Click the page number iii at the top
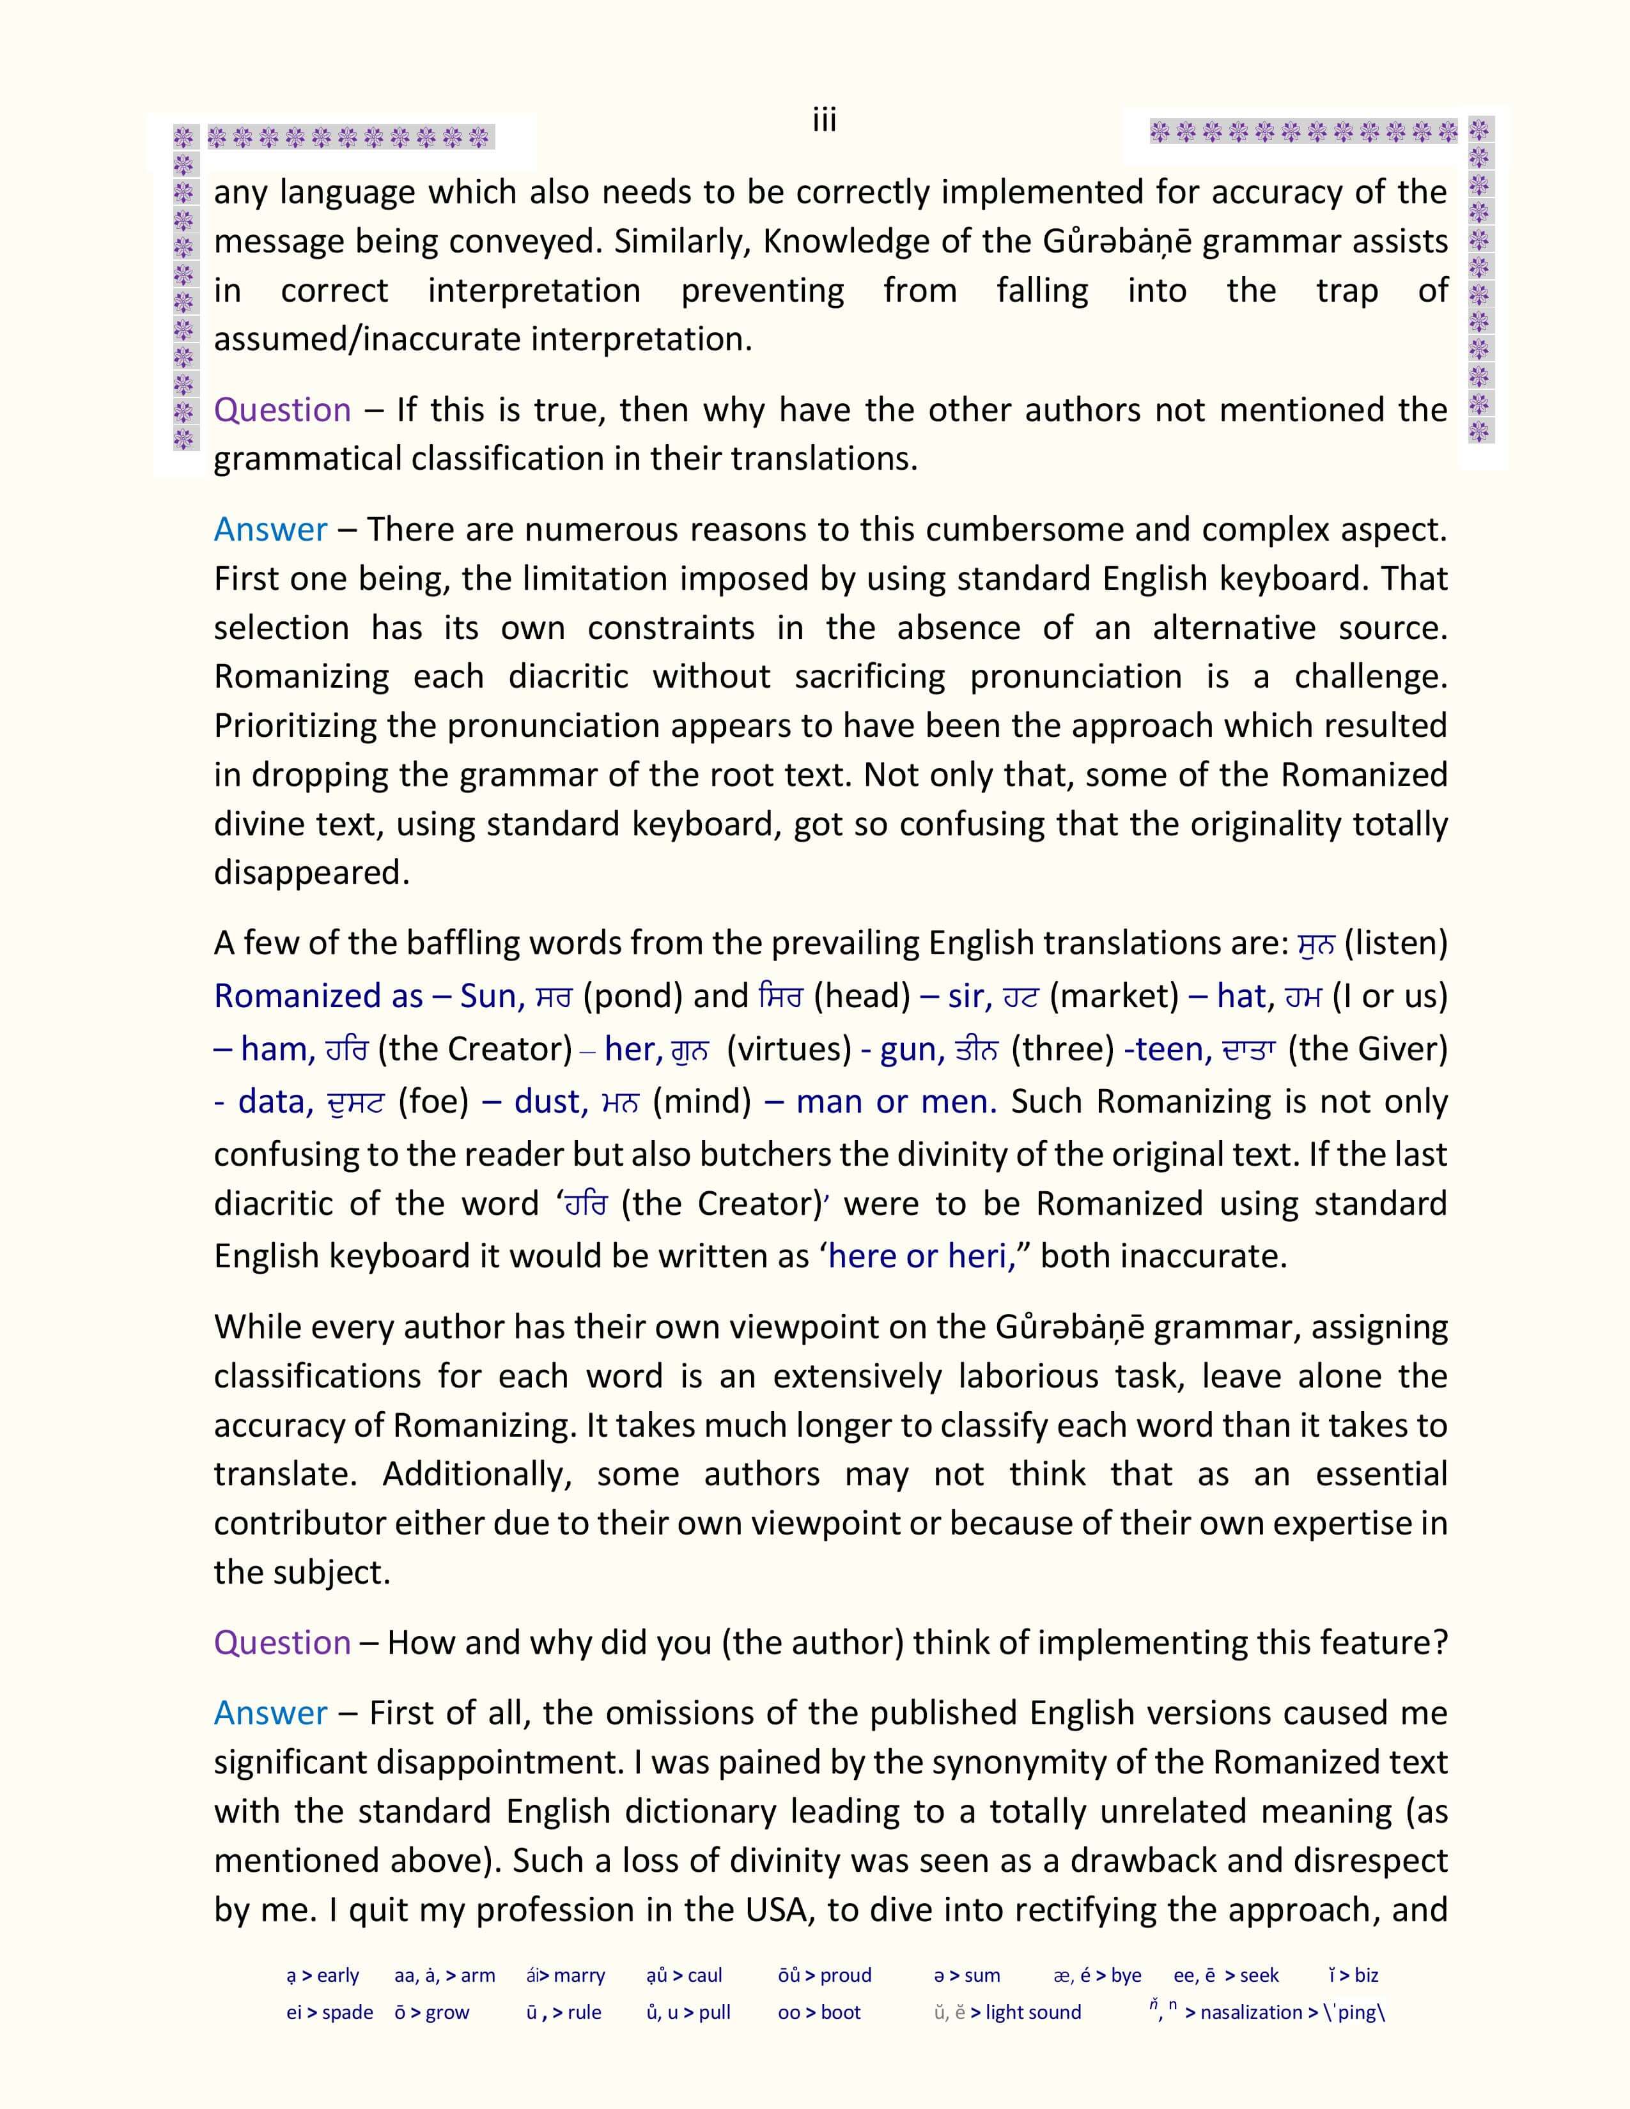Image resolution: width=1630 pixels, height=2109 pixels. click(x=824, y=121)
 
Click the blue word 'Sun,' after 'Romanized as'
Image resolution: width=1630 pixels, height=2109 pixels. click(x=492, y=996)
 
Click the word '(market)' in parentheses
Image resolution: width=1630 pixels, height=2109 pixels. click(x=1114, y=996)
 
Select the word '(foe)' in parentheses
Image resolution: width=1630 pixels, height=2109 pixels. click(x=433, y=1102)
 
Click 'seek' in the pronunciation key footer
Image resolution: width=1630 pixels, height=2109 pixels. click(x=1259, y=1975)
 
